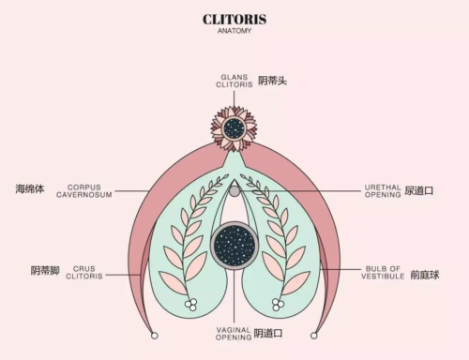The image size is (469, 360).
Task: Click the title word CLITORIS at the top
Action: click(x=234, y=19)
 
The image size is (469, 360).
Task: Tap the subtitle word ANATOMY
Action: click(x=234, y=31)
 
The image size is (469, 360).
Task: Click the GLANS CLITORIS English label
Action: click(x=234, y=82)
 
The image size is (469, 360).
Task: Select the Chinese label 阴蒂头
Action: click(x=272, y=82)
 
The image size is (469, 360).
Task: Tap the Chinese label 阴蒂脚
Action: click(x=44, y=271)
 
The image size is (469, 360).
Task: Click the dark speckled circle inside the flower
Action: click(x=234, y=128)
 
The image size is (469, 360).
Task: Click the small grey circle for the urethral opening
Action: click(x=234, y=190)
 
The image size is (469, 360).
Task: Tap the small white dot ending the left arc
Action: click(x=155, y=335)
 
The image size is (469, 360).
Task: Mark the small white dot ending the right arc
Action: click(x=314, y=335)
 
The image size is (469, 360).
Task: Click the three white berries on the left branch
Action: click(x=191, y=304)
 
